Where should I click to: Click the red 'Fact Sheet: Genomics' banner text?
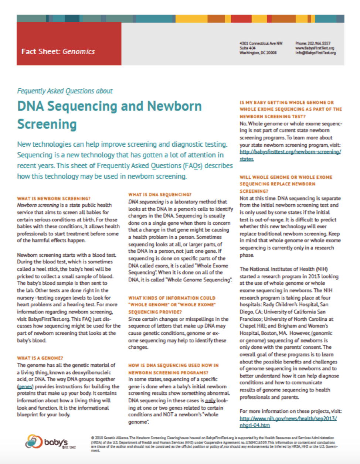(x=58, y=52)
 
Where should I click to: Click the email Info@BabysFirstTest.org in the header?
(x=315, y=53)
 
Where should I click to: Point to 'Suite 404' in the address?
(x=247, y=48)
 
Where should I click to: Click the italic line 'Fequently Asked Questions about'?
(x=65, y=91)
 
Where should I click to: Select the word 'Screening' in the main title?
(x=47, y=124)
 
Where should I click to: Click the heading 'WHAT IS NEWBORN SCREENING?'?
(x=54, y=198)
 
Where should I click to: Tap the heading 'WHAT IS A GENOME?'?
(x=40, y=358)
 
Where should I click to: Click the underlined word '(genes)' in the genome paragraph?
(x=25, y=386)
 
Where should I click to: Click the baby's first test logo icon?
(x=34, y=441)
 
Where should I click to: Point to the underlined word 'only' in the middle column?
(x=210, y=400)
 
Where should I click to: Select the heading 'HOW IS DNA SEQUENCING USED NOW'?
(x=173, y=365)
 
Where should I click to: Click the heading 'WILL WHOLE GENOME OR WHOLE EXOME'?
(x=286, y=177)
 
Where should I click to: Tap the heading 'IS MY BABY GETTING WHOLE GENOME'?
(x=286, y=102)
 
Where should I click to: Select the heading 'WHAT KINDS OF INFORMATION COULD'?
(x=171, y=298)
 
